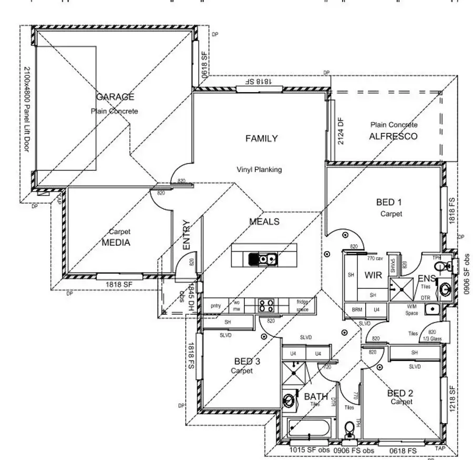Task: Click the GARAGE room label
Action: [x=115, y=97]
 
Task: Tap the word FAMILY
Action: [x=261, y=138]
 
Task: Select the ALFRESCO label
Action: [x=393, y=136]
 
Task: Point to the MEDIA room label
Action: [x=116, y=243]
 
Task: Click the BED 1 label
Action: [x=389, y=202]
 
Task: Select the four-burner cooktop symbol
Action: [x=265, y=305]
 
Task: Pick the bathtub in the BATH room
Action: [x=310, y=426]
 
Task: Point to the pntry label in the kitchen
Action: [x=215, y=305]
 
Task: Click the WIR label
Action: [x=373, y=274]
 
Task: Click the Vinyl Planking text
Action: [x=259, y=169]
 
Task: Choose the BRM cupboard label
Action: [x=357, y=309]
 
